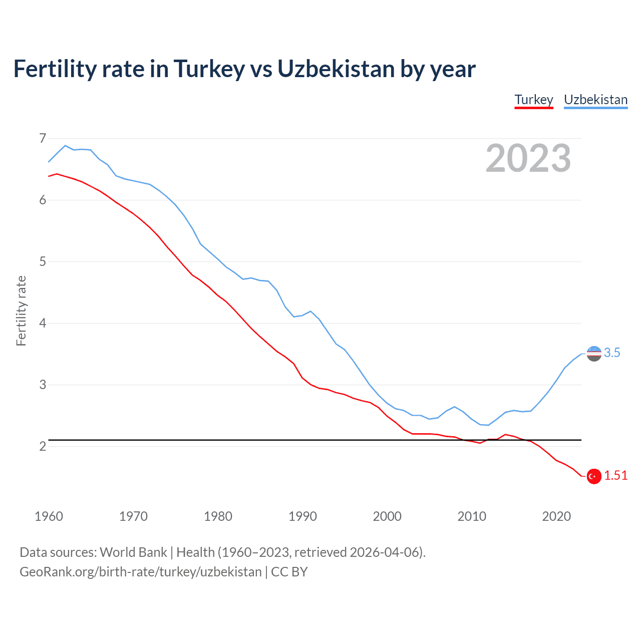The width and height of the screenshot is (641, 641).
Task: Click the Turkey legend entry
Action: pos(534,100)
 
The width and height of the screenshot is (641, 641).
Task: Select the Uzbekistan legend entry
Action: pos(595,100)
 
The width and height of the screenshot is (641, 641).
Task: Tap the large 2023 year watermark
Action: pos(528,158)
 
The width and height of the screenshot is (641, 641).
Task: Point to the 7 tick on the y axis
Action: pos(42,138)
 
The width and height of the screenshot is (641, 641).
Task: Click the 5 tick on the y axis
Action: pos(42,261)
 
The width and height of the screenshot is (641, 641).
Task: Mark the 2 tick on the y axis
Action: pos(42,446)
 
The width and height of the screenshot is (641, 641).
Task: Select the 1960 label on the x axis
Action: pos(49,516)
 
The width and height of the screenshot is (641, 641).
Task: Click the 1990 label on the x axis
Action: pos(302,516)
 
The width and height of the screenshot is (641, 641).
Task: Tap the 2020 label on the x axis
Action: pos(556,516)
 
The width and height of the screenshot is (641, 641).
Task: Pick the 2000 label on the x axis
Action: pos(387,516)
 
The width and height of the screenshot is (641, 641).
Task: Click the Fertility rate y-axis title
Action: pos(21,310)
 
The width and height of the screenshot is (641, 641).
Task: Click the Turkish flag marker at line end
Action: pos(594,476)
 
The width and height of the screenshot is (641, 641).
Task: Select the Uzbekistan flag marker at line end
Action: pos(594,354)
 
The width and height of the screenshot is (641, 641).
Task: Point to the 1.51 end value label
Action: pos(615,476)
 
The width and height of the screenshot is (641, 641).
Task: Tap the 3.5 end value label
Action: pos(612,353)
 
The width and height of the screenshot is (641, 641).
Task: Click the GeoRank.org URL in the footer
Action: pos(140,572)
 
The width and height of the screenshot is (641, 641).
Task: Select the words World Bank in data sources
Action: pos(133,552)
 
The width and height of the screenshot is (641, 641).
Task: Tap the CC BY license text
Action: pos(289,572)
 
